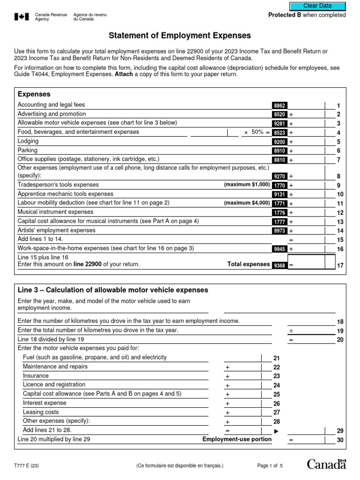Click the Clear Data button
pos(317,6)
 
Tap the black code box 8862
pos(278,105)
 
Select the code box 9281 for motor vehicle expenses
pos(278,124)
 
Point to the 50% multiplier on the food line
pos(254,133)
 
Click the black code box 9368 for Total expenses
pos(278,265)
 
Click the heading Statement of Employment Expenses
pos(180,36)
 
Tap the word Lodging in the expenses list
pos(28,141)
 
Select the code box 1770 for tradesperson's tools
pos(278,185)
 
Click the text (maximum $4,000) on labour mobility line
pos(247,203)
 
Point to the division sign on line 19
pos(291,331)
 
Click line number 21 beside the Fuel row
pos(277,358)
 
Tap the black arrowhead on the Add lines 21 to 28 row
pos(276,430)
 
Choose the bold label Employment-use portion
pos(237,439)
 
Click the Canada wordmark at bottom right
pos(327,465)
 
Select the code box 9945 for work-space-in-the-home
pos(278,249)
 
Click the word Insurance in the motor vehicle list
pos(36,375)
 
